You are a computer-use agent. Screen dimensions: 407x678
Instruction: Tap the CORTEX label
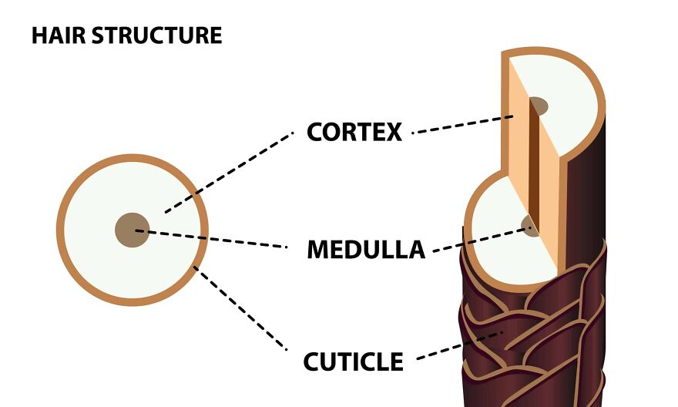tap(354, 132)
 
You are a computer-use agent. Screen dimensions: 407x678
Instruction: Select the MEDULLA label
tap(366, 250)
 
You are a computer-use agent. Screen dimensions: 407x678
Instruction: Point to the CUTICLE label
tap(354, 362)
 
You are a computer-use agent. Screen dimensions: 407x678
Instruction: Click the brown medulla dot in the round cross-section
tap(132, 230)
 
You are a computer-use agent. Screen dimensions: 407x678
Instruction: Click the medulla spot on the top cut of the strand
tap(538, 106)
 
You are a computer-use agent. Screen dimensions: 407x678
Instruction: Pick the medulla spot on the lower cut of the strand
tap(529, 226)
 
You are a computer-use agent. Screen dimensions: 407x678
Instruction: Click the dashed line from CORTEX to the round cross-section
tap(231, 170)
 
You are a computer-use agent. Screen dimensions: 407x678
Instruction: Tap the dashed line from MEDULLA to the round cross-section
tap(216, 238)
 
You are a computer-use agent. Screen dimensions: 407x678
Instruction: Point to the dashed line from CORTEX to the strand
tap(462, 125)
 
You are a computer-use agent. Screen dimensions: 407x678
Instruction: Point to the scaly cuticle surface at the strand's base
tap(539, 339)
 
